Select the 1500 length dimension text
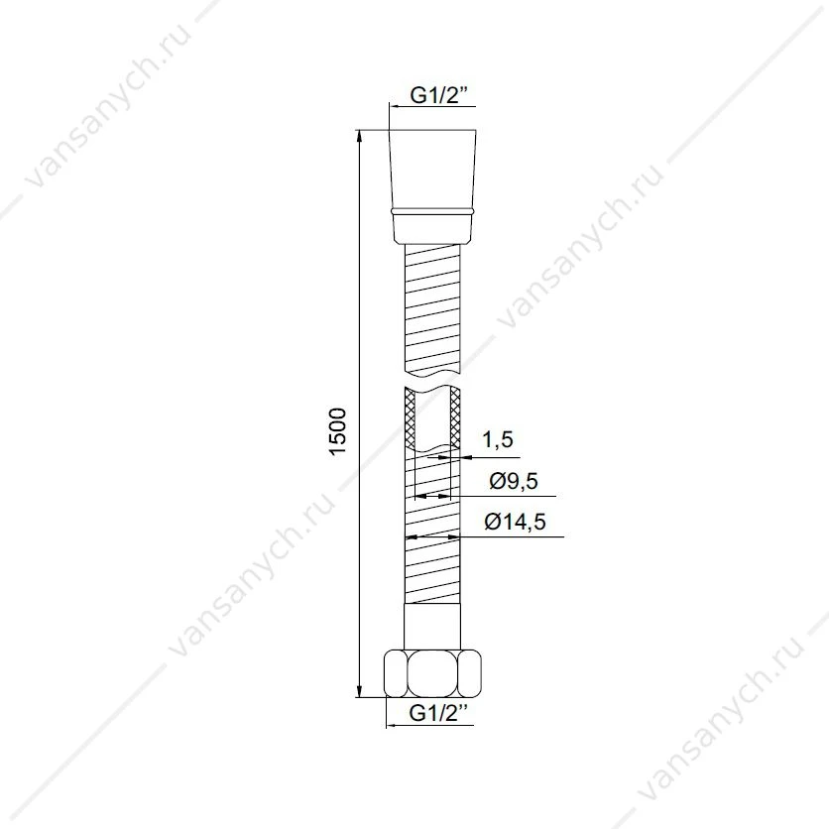(337, 430)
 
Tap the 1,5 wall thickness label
(498, 439)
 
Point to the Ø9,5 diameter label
(514, 481)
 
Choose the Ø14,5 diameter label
(508, 522)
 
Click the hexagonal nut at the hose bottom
(433, 673)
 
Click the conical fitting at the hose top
(433, 186)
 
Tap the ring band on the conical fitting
(433, 211)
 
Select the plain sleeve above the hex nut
(432, 627)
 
